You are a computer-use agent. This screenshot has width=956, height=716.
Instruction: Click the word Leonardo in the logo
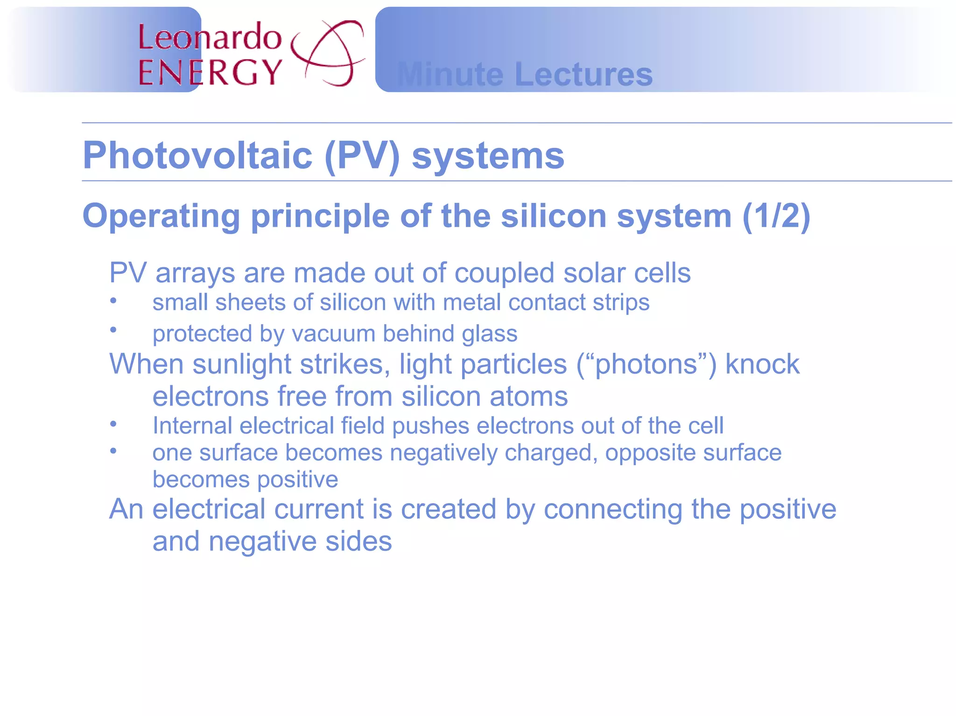[x=210, y=37]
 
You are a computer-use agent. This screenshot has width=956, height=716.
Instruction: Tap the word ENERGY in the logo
[x=210, y=72]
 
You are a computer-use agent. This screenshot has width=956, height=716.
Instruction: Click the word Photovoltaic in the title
[x=197, y=155]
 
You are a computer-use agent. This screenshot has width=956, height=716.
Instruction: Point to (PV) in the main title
[x=362, y=156]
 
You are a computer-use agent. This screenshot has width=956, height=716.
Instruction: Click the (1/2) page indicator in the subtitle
[x=776, y=216]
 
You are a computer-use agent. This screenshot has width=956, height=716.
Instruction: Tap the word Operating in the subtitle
[x=161, y=216]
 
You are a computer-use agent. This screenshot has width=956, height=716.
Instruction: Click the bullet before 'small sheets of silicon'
[x=113, y=300]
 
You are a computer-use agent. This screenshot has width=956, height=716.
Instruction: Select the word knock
[x=762, y=364]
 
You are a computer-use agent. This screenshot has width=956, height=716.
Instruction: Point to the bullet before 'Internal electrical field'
[x=113, y=424]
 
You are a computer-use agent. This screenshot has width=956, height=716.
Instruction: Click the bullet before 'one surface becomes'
[x=113, y=451]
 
